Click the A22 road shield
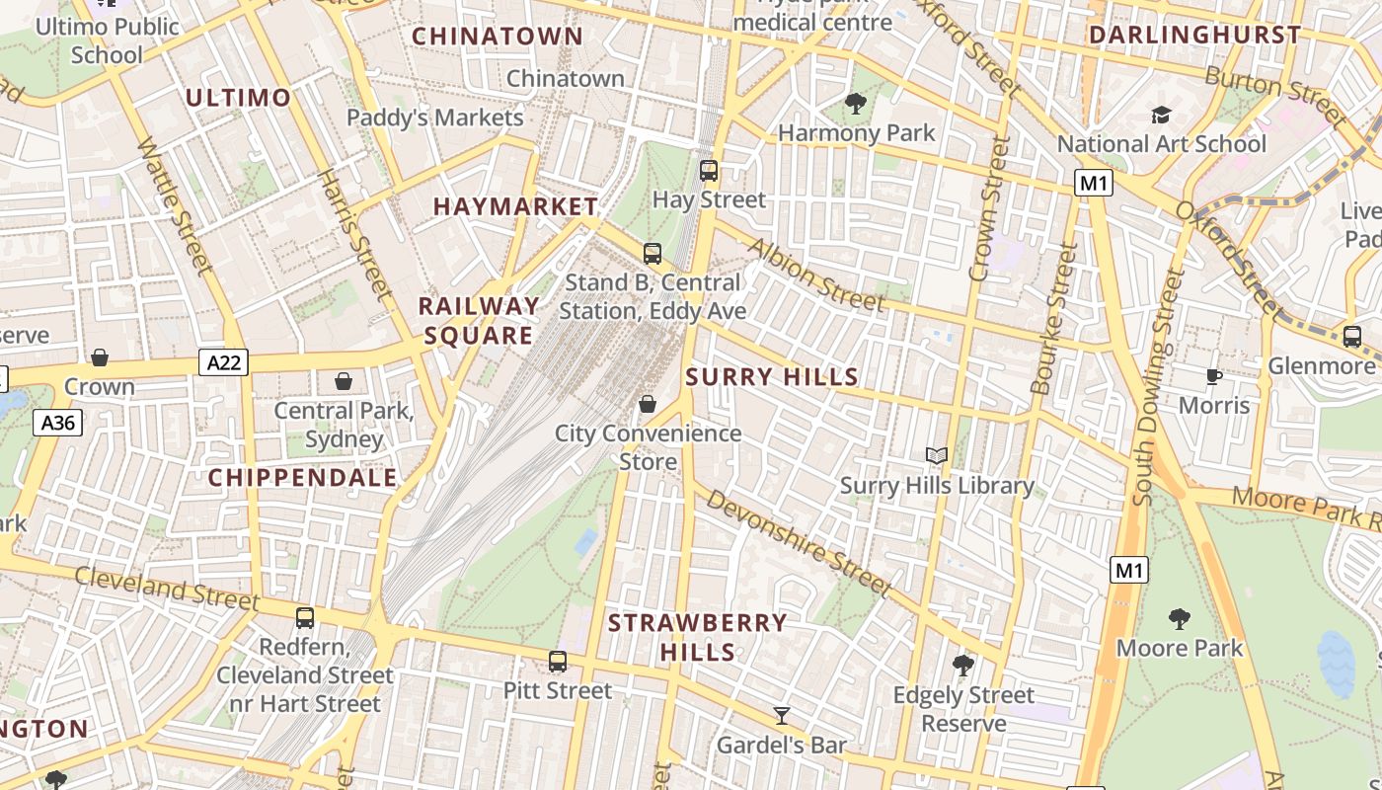pyautogui.click(x=223, y=362)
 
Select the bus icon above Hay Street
pyautogui.click(x=709, y=170)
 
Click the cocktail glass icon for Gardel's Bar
pyautogui.click(x=782, y=715)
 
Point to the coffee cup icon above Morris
pyautogui.click(x=1214, y=376)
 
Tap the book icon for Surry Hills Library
pyautogui.click(x=936, y=455)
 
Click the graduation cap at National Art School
pyautogui.click(x=1161, y=116)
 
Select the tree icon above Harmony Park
pyautogui.click(x=856, y=103)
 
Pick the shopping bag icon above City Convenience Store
pyautogui.click(x=648, y=403)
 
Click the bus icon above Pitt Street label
pyautogui.click(x=558, y=661)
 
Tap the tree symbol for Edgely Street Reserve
pyautogui.click(x=963, y=666)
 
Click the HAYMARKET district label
pyautogui.click(x=515, y=206)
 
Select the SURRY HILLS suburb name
pyautogui.click(x=772, y=376)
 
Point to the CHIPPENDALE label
pyautogui.click(x=302, y=478)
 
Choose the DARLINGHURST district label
pyautogui.click(x=1194, y=35)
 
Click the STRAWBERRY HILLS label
pyautogui.click(x=698, y=637)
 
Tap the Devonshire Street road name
pyautogui.click(x=799, y=544)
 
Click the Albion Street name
pyautogui.click(x=817, y=275)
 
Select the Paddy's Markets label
pyautogui.click(x=434, y=118)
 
